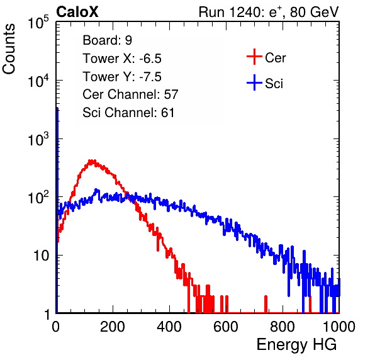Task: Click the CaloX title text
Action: pos(77,12)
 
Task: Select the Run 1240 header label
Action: pos(269,12)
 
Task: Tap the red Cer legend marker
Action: pos(254,57)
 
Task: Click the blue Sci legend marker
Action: pos(254,83)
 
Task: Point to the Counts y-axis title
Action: pos(9,49)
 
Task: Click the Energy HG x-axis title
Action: pos(296,345)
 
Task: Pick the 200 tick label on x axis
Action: pos(113,327)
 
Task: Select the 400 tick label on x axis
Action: pos(169,327)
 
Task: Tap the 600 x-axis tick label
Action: pos(226,327)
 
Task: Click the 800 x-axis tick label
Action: pos(283,327)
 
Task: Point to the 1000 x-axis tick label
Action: pos(339,327)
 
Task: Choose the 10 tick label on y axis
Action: pos(42,256)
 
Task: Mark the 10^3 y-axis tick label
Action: pos(38,139)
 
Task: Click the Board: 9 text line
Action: pos(107,40)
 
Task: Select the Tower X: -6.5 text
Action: pos(122,59)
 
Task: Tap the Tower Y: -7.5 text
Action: pos(122,77)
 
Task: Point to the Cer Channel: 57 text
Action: pos(130,94)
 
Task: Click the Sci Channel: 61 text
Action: pos(128,113)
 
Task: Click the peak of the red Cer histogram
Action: pos(92,160)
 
